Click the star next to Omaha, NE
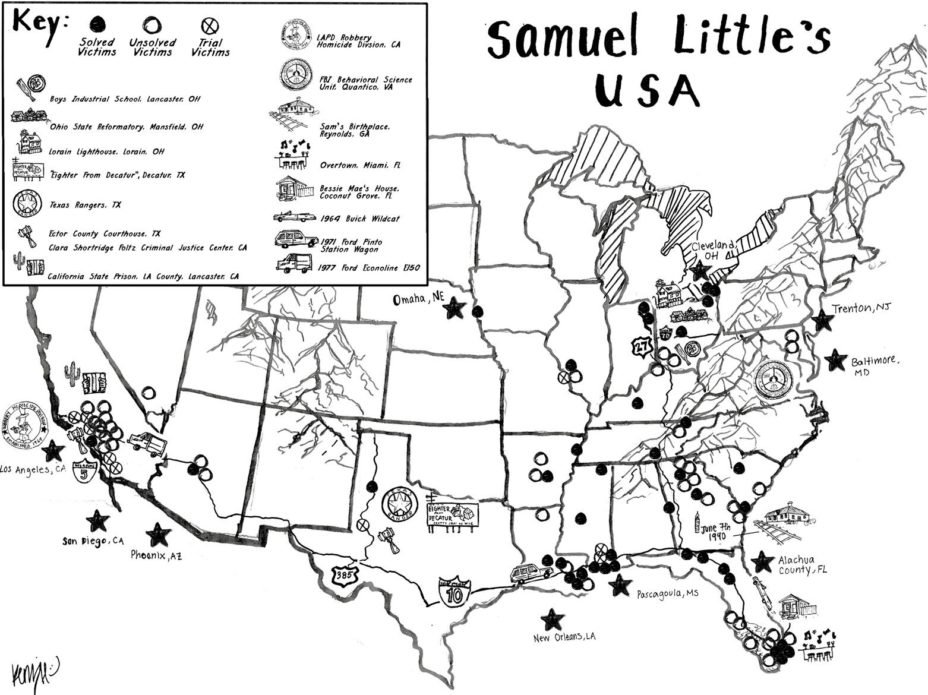[455, 308]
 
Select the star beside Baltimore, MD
[835, 360]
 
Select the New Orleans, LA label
[564, 637]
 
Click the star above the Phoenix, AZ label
[157, 535]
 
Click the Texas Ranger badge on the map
[400, 504]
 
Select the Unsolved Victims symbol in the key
[151, 26]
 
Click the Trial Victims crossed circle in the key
[210, 26]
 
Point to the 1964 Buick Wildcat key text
[359, 219]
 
